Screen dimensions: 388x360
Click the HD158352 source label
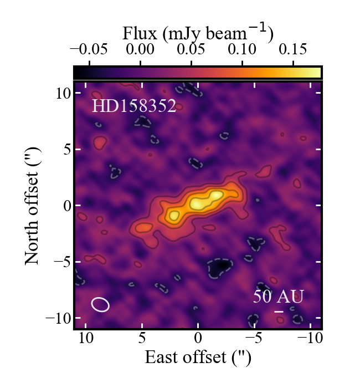coord(134,106)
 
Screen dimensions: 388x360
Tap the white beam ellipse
coord(100,304)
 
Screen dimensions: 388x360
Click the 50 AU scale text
coord(278,297)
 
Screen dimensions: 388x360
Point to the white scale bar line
coord(279,312)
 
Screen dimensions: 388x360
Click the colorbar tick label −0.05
coord(89,49)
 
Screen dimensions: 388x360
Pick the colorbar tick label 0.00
coord(140,49)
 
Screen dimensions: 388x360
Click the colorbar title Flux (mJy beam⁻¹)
coord(197,34)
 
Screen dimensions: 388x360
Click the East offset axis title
coord(198,358)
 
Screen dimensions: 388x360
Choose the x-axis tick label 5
coord(142,338)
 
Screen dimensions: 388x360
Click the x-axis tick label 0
coord(198,338)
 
